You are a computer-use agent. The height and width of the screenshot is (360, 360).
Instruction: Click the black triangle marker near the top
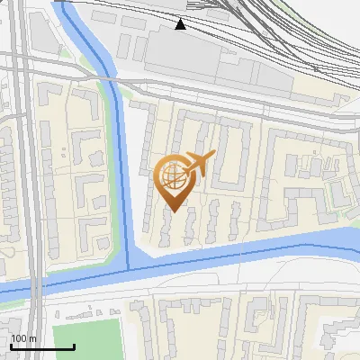(181, 24)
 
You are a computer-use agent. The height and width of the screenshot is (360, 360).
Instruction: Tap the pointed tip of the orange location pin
(174, 211)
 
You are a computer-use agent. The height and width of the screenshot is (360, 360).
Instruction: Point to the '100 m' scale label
(23, 338)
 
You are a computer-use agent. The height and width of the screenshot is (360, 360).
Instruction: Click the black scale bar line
(42, 346)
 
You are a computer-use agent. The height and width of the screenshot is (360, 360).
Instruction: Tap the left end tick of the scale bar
(11, 345)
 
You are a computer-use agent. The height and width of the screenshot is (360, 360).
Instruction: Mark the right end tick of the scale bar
(74, 345)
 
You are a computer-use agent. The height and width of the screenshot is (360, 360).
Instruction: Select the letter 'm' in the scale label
(32, 338)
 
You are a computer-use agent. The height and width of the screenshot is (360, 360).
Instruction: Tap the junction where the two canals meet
(129, 263)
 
